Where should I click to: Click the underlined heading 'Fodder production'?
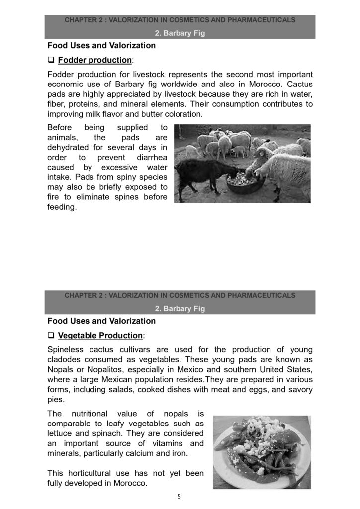[x=95, y=61]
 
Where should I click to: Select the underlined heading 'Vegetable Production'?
[x=100, y=336]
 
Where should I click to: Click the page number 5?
[x=180, y=497]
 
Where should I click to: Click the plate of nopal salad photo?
[x=262, y=453]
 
